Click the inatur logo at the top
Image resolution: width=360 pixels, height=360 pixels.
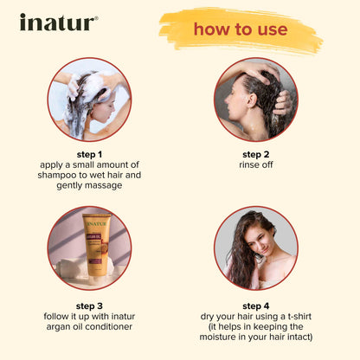(x=58, y=22)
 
